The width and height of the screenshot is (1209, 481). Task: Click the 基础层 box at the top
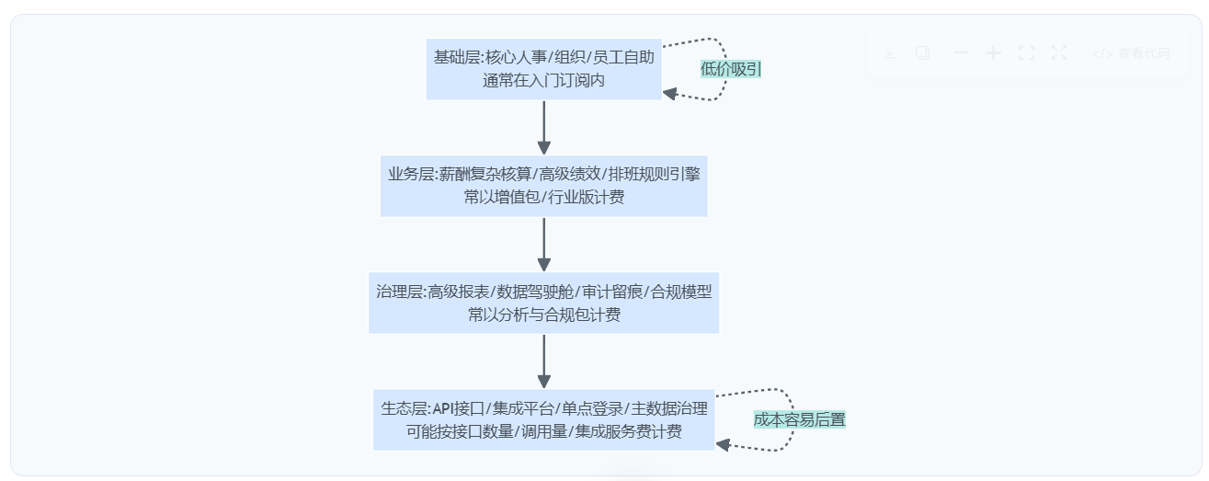click(543, 68)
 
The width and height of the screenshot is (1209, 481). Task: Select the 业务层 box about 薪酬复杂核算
click(543, 185)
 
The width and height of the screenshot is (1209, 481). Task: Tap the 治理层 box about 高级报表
click(543, 303)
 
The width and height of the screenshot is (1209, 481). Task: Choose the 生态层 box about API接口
click(543, 419)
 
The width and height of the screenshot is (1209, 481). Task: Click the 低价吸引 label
click(731, 68)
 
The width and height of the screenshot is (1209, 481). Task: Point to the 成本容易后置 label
click(799, 419)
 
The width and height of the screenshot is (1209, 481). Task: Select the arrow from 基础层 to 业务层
click(543, 127)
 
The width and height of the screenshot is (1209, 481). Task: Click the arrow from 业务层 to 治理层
click(543, 244)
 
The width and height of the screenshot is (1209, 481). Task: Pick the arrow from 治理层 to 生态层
click(543, 361)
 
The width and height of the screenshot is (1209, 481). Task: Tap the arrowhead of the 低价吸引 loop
click(670, 93)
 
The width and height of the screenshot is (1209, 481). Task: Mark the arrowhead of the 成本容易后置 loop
click(724, 444)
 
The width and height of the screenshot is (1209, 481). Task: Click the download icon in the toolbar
click(889, 53)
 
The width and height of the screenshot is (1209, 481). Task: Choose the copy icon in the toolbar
click(922, 53)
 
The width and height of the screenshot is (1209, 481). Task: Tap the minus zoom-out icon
click(961, 53)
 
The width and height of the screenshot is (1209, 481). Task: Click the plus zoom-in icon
click(993, 53)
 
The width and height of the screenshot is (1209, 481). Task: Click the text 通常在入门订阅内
click(543, 80)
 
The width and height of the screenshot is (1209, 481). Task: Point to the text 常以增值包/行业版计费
click(543, 197)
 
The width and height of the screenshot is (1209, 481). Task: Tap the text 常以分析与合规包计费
click(543, 315)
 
